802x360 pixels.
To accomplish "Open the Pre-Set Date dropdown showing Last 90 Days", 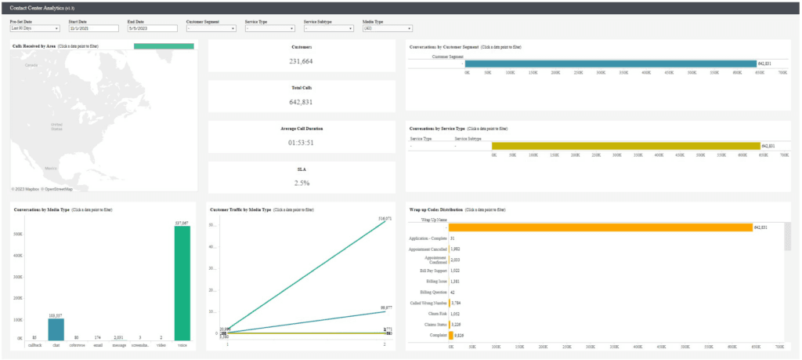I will point(34,28).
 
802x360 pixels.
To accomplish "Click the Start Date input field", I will point(93,28).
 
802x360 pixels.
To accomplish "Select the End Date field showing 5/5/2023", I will point(151,28).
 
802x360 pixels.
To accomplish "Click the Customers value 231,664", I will point(301,60).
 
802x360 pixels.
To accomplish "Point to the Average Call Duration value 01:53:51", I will point(301,142).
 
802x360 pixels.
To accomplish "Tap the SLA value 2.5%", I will point(301,183).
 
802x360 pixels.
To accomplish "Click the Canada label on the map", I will point(31,66).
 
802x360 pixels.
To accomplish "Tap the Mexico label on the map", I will point(51,168).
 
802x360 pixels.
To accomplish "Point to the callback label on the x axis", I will point(34,344).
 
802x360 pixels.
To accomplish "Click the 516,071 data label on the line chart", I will point(385,219).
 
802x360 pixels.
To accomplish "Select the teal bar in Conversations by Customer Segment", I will point(611,64).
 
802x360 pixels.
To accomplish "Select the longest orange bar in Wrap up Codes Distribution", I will point(599,227).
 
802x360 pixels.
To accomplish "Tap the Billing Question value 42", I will point(453,291).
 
